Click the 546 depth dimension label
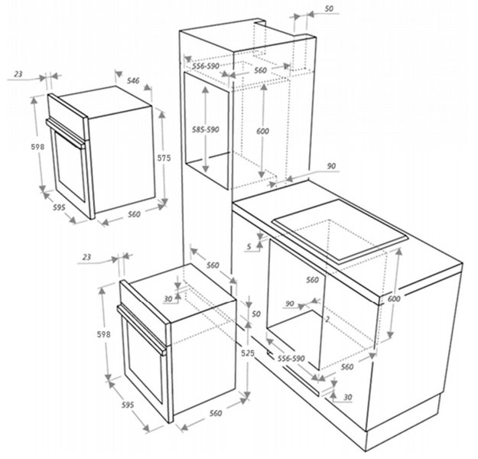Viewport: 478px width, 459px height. (x=133, y=80)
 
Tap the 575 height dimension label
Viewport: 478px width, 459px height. (x=164, y=158)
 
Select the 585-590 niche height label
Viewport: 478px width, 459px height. (x=206, y=129)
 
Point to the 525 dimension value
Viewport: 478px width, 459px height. (x=248, y=353)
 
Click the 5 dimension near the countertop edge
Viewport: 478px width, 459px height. (x=249, y=246)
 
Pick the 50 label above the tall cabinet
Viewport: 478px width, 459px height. (x=329, y=9)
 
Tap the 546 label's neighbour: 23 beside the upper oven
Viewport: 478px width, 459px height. (x=18, y=73)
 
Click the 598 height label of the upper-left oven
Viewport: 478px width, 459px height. (x=37, y=147)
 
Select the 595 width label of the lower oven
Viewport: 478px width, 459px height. (x=128, y=405)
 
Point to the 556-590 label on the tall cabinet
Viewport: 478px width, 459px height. (x=206, y=66)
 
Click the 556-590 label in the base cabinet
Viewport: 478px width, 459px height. (x=291, y=358)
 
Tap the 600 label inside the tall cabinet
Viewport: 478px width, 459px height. (x=262, y=131)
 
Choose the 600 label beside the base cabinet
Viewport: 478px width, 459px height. (x=394, y=299)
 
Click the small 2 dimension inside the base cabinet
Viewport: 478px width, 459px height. (x=327, y=319)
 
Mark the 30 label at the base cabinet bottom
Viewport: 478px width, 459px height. (x=347, y=397)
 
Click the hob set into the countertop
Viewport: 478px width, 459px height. (x=340, y=231)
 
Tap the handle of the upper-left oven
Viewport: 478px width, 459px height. (x=65, y=134)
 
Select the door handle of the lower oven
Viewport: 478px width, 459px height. (x=141, y=330)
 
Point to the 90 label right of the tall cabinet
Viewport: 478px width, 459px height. (x=331, y=166)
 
